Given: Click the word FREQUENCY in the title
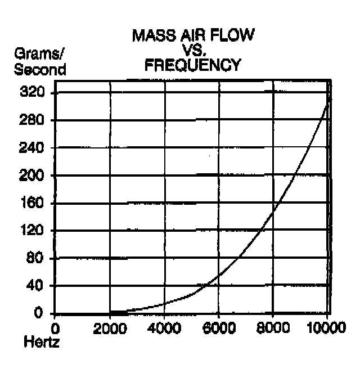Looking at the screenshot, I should (x=192, y=65).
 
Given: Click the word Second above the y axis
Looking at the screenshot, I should (x=40, y=70).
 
